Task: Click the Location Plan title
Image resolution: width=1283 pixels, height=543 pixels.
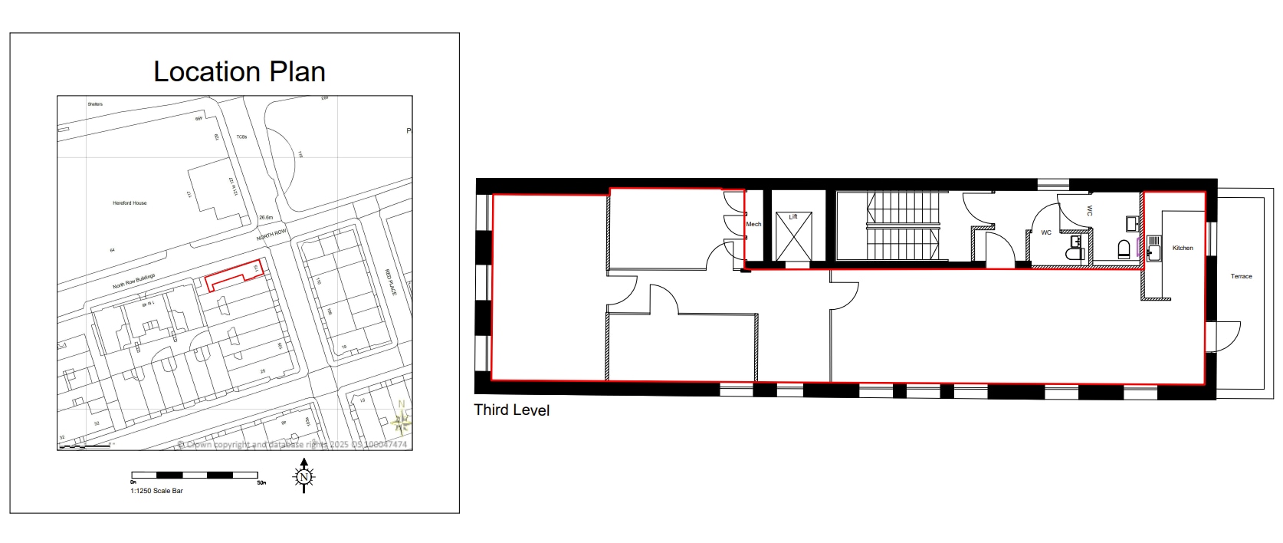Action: click(239, 72)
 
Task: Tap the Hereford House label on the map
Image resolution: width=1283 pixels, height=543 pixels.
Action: click(130, 203)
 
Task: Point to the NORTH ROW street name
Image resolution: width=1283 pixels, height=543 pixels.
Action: click(271, 235)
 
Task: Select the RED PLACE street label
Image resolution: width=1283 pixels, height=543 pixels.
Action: click(391, 282)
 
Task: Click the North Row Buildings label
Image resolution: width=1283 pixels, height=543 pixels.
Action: click(134, 281)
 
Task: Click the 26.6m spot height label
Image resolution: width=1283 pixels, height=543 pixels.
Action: click(266, 218)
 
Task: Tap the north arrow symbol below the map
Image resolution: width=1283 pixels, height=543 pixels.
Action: click(304, 476)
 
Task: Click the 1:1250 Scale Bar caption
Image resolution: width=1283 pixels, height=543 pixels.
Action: click(156, 491)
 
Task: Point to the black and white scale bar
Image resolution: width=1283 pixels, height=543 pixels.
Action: click(195, 475)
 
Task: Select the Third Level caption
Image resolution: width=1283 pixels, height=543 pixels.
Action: click(511, 410)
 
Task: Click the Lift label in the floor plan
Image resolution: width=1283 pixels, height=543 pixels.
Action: click(793, 217)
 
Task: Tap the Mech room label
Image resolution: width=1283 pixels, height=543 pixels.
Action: click(753, 224)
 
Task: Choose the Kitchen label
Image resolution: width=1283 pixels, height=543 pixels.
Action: click(1183, 248)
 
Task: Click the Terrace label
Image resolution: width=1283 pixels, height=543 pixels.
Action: click(1241, 276)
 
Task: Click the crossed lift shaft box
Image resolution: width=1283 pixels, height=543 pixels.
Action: click(793, 237)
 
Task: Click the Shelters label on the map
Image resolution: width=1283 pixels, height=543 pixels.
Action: click(95, 104)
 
